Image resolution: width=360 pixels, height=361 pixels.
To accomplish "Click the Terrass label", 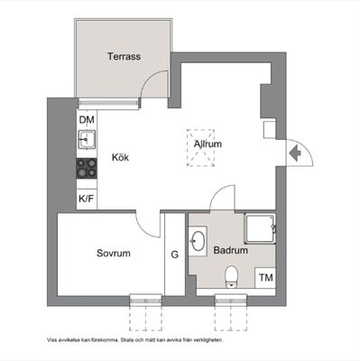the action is (x=124, y=56).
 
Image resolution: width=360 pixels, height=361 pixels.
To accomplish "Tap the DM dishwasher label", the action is (x=87, y=120).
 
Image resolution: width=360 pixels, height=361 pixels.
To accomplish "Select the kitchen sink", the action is (x=87, y=139).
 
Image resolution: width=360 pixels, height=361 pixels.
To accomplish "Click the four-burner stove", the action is (x=87, y=168).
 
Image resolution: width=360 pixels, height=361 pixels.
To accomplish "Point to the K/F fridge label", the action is (x=87, y=199).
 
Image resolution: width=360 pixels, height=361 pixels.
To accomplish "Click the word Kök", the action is (x=120, y=157).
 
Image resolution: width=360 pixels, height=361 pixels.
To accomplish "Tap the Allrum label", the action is (x=208, y=143).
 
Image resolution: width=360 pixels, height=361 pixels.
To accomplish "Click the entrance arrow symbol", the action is (x=295, y=153).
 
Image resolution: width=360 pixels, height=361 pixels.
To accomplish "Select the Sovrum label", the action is (x=114, y=253).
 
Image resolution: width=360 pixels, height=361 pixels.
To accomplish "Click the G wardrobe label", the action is (x=175, y=255).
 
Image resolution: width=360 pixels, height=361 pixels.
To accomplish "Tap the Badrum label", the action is (x=231, y=250).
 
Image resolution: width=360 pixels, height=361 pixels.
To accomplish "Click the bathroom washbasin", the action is (x=198, y=241).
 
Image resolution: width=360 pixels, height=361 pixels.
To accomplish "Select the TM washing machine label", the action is (x=266, y=277).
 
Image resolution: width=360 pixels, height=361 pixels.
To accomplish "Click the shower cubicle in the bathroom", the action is (x=260, y=228).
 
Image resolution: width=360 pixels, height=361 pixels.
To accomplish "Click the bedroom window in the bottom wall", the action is (x=145, y=301).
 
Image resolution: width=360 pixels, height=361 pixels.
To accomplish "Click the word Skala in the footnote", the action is (x=125, y=340).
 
